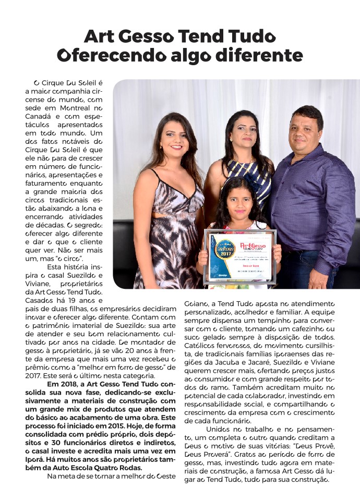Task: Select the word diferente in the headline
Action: (x=257, y=55)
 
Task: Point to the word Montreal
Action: (x=80, y=107)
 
